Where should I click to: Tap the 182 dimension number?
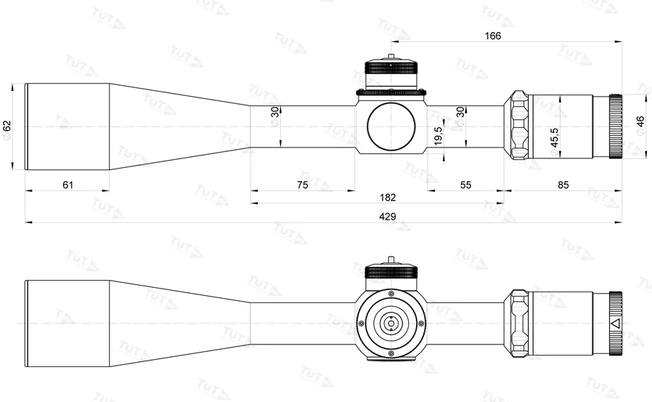tap(389, 197)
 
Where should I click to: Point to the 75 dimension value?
tap(303, 185)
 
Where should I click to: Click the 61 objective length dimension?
tap(68, 185)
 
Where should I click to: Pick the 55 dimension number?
tap(465, 185)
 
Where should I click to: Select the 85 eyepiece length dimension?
tap(563, 185)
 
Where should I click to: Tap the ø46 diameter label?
tap(640, 121)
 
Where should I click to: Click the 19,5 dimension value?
tap(438, 135)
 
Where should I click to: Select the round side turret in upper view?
tap(391, 125)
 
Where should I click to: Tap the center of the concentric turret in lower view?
tap(391, 323)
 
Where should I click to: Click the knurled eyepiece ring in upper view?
tap(615, 126)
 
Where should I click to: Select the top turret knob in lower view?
tap(391, 272)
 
